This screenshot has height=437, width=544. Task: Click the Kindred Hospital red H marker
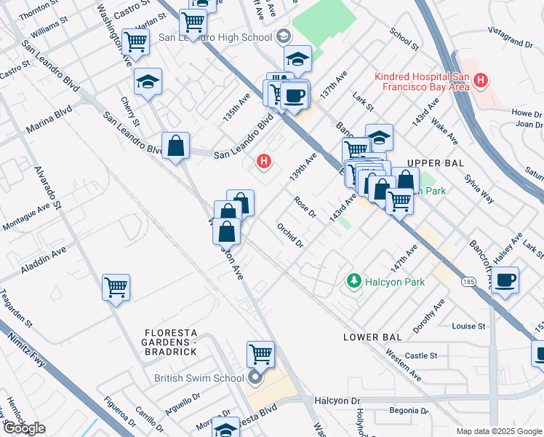tap(479, 81)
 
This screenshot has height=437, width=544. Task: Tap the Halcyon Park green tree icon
tap(354, 280)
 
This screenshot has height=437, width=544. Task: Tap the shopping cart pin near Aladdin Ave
tap(116, 288)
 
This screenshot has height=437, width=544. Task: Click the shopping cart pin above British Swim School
tap(260, 355)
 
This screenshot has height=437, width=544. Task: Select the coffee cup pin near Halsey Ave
tap(505, 280)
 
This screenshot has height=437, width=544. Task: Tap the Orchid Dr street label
tap(289, 235)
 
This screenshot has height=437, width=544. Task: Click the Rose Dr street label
tap(305, 206)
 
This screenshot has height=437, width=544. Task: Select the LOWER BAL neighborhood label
tap(372, 337)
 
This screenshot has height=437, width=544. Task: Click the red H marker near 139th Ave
tap(265, 160)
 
